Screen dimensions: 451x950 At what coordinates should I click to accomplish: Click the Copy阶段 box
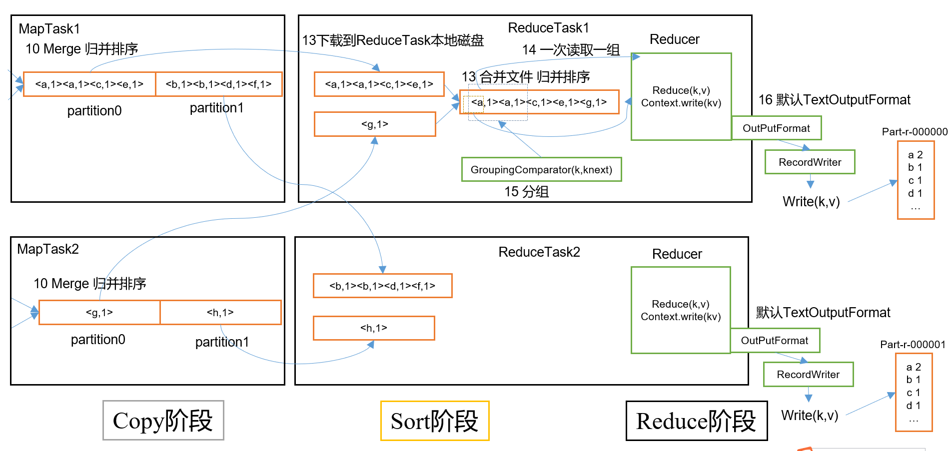pos(163,421)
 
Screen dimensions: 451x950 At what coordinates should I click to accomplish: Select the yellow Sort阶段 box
pos(434,421)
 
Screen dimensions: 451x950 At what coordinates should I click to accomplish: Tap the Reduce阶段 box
pos(696,421)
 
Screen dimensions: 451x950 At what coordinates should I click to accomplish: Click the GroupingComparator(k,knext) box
pos(541,170)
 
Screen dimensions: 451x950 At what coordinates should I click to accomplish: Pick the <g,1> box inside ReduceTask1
pos(375,124)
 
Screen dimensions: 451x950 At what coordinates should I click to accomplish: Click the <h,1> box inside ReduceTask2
pos(374,328)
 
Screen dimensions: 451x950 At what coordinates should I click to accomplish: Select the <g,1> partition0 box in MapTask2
pos(99,313)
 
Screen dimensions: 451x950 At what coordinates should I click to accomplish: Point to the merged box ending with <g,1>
pos(539,102)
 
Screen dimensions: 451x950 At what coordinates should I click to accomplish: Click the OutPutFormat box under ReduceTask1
pos(776,128)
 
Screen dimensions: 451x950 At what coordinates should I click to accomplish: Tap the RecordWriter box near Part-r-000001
pos(808,375)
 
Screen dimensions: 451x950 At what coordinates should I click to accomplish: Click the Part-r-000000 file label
pos(915,132)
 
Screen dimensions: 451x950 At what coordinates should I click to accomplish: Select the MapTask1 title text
pos(49,29)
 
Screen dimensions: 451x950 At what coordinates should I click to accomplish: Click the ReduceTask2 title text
pos(539,252)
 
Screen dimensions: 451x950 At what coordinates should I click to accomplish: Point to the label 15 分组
pos(526,192)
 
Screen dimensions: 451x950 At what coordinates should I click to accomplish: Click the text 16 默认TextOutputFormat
pos(834,100)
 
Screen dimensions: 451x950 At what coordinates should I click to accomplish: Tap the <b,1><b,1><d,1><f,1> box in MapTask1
pos(218,84)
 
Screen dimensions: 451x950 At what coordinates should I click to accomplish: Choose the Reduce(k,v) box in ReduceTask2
pos(681,310)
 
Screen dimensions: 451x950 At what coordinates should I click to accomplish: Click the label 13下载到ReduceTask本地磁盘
pos(393,40)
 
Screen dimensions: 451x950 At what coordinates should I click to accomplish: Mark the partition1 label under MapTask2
pos(222,342)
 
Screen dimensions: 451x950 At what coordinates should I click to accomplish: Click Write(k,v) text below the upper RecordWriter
pos(811,202)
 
